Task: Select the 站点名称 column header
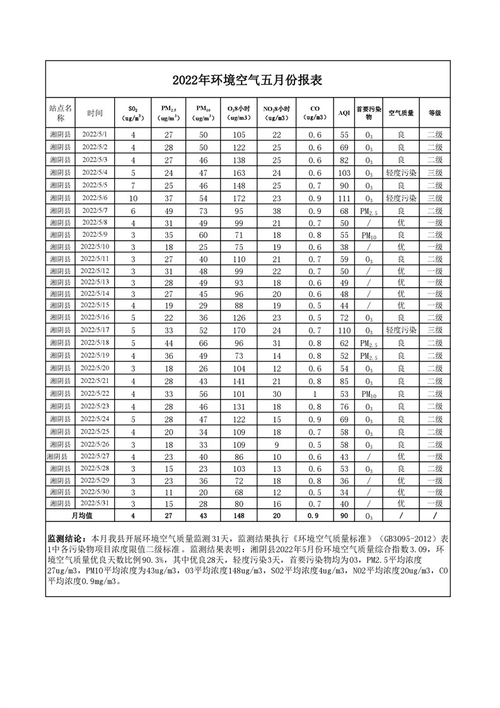tap(61, 113)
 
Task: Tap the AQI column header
tap(344, 113)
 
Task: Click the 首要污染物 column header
tap(369, 113)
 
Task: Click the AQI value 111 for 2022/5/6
tap(344, 198)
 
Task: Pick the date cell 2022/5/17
tap(95, 330)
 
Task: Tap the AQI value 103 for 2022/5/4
tap(344, 173)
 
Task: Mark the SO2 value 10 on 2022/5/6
tap(133, 198)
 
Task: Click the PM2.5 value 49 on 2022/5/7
tap(168, 211)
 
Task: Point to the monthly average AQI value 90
tap(344, 516)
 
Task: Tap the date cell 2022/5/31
tap(95, 503)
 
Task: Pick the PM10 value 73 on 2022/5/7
tap(203, 211)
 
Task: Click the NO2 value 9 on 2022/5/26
tap(276, 444)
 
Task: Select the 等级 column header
tap(434, 113)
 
